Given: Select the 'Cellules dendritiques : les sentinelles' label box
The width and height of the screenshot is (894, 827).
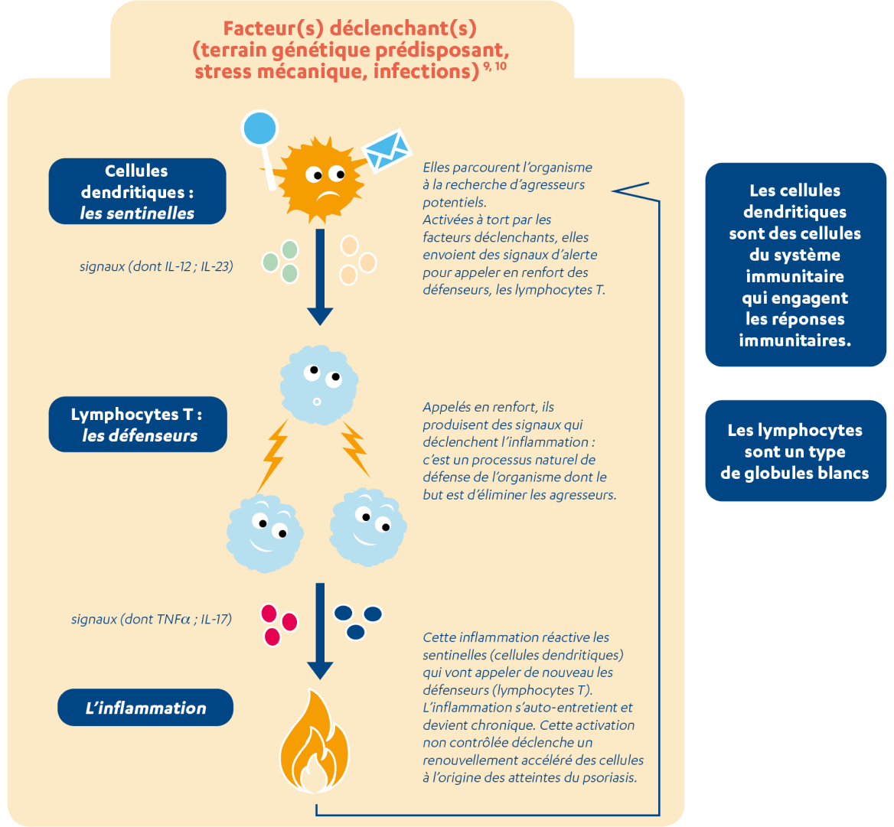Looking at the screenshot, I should tap(138, 191).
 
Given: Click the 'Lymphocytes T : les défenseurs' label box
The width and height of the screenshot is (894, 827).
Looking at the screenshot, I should tap(138, 425).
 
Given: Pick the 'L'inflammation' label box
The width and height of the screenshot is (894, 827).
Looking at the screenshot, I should tap(145, 708).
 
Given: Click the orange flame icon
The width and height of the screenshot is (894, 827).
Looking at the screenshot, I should tap(315, 743).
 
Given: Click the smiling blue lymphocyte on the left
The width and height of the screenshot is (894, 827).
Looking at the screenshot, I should tap(265, 527).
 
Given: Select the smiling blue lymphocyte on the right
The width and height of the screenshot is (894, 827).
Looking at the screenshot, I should tap(367, 525).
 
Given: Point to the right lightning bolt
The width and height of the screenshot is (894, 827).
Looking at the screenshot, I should tap(354, 448).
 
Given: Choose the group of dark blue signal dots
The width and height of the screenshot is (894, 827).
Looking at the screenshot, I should tap(357, 620).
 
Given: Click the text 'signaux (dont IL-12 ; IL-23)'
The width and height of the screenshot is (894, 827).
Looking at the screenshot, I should tap(156, 267).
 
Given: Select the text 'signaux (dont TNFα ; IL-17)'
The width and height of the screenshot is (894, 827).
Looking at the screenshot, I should tap(152, 619).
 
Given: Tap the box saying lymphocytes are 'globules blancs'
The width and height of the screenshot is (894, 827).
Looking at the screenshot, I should tap(795, 451).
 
